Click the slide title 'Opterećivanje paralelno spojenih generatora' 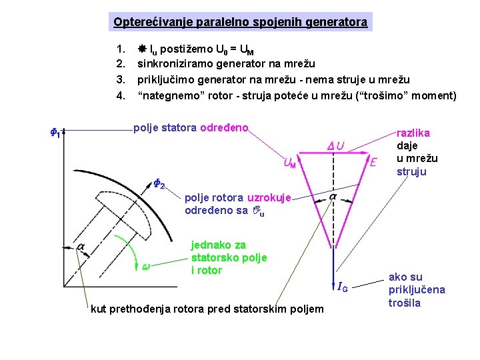[240, 22]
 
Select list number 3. [120, 80]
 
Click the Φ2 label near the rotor [159, 185]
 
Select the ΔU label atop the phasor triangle [336, 146]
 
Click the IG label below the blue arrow [342, 287]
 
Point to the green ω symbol [145, 267]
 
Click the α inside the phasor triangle [333, 197]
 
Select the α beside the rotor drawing [80, 247]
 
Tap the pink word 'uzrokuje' [268, 198]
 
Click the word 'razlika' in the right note [413, 133]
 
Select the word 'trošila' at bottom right [405, 303]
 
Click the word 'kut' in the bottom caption [98, 309]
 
